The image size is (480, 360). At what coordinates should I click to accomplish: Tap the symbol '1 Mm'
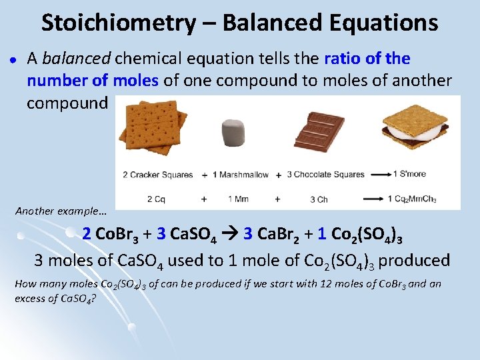click(x=238, y=199)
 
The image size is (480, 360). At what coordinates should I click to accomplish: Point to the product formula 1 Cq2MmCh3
click(x=427, y=199)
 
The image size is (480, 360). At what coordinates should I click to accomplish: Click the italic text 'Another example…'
click(x=61, y=211)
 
